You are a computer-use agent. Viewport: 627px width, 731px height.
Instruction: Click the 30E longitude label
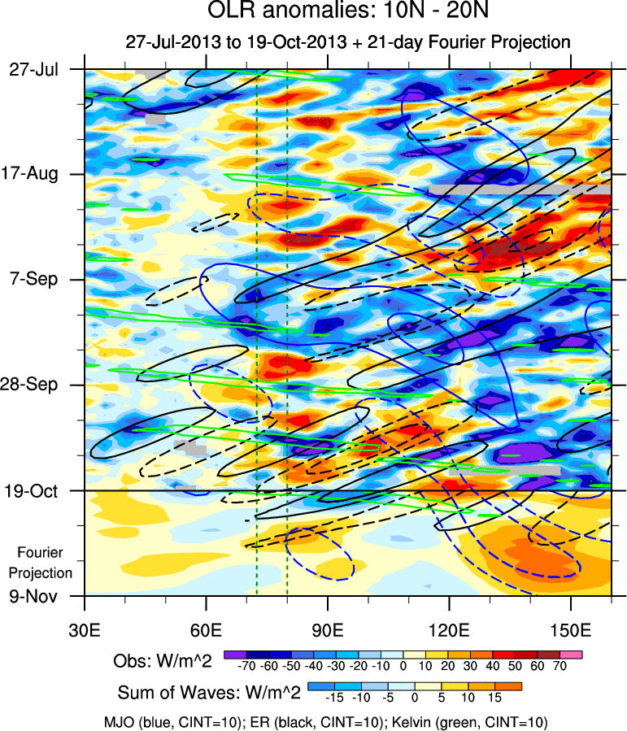[x=85, y=630]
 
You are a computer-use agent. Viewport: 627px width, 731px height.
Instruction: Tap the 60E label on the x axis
[x=207, y=630]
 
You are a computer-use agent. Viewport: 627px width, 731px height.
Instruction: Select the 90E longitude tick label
[x=328, y=630]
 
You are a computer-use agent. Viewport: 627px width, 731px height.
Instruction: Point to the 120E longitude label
[x=450, y=630]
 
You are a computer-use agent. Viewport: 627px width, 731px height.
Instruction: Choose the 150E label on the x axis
[x=571, y=630]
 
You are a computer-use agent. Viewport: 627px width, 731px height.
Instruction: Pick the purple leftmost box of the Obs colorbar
[x=235, y=654]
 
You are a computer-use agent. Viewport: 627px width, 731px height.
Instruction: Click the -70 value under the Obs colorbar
[x=246, y=666]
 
